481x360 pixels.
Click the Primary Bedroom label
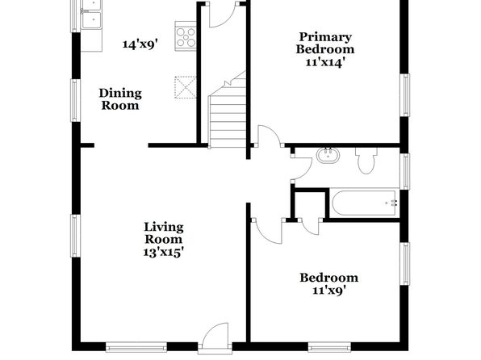coord(325,43)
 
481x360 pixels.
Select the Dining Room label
coord(120,99)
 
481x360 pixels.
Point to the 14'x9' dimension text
coord(140,44)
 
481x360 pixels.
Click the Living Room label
coord(164,233)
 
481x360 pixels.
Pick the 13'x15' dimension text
coord(164,253)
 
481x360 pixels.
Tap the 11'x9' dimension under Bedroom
coord(329,291)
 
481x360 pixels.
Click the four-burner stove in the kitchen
coord(186,36)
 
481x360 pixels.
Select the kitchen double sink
coord(91,15)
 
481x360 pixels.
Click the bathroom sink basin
coord(328,155)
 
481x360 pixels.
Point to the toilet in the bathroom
coord(366,161)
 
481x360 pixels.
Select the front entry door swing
coord(216,335)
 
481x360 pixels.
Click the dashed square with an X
coord(186,87)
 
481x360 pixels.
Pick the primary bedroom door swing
coord(269,135)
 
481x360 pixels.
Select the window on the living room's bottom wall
coord(136,347)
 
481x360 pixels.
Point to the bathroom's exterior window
coord(405,171)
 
